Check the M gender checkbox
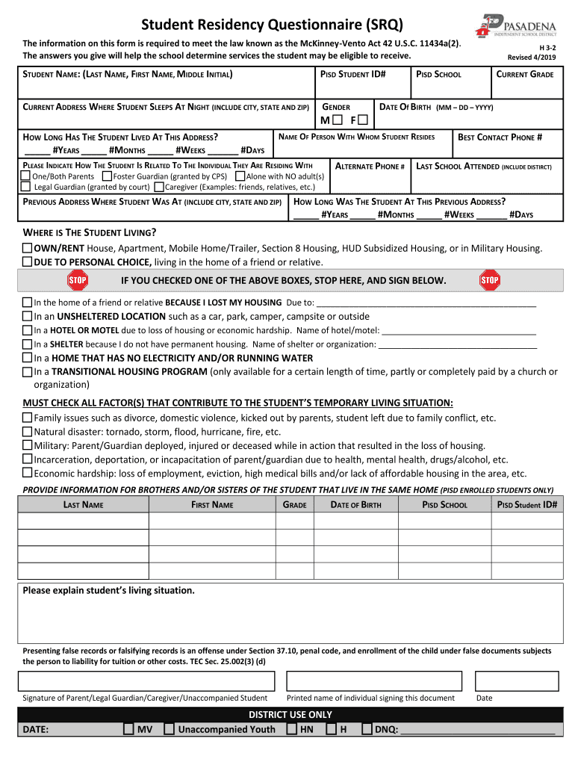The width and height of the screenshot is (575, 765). pyautogui.click(x=338, y=120)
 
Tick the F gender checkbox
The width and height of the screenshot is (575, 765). pyautogui.click(x=361, y=120)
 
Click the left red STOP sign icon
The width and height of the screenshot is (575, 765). pyautogui.click(x=78, y=280)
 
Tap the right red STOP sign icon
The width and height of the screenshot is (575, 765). pyautogui.click(x=489, y=280)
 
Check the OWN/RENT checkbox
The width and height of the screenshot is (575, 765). pyautogui.click(x=28, y=248)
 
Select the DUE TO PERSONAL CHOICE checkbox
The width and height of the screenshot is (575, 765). pyautogui.click(x=28, y=261)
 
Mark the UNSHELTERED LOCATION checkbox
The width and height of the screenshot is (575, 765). pyautogui.click(x=28, y=316)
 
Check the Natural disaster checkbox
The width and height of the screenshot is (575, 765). pyautogui.click(x=28, y=432)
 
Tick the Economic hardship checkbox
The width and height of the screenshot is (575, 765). pyautogui.click(x=28, y=473)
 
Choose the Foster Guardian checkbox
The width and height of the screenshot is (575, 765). pyautogui.click(x=107, y=176)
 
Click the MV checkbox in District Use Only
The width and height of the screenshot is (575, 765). pyautogui.click(x=129, y=729)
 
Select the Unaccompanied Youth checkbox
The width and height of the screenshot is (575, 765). pyautogui.click(x=170, y=729)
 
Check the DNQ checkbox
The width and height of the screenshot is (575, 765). pyautogui.click(x=367, y=729)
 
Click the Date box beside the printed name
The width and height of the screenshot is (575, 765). pyautogui.click(x=515, y=681)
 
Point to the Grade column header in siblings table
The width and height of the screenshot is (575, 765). pyautogui.click(x=295, y=505)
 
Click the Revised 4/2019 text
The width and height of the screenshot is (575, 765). pyautogui.click(x=532, y=57)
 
